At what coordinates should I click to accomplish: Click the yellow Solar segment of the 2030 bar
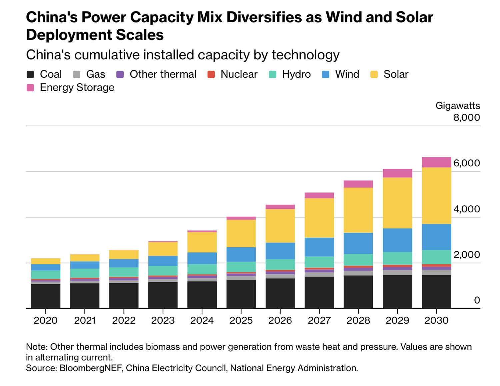(x=436, y=195)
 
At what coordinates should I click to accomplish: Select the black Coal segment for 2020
(x=46, y=296)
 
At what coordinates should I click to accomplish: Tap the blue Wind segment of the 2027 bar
(x=319, y=247)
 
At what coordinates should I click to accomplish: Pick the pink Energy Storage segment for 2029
(x=397, y=173)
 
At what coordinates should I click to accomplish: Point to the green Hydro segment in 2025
(x=241, y=267)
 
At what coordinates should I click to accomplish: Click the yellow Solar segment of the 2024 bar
(x=202, y=242)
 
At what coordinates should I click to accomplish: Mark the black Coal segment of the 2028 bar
(x=358, y=292)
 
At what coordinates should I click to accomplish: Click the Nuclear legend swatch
(x=211, y=74)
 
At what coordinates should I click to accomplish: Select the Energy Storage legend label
(x=77, y=88)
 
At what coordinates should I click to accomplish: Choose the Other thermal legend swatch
(x=120, y=74)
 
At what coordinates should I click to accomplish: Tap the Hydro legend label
(x=296, y=74)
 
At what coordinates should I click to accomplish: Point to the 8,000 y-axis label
(x=466, y=117)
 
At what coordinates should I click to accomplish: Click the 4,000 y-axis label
(x=466, y=209)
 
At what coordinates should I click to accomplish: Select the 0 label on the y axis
(x=477, y=300)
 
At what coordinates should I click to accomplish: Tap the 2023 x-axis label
(x=163, y=320)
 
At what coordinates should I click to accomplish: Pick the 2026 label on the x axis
(x=280, y=320)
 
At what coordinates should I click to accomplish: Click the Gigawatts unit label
(x=457, y=106)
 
